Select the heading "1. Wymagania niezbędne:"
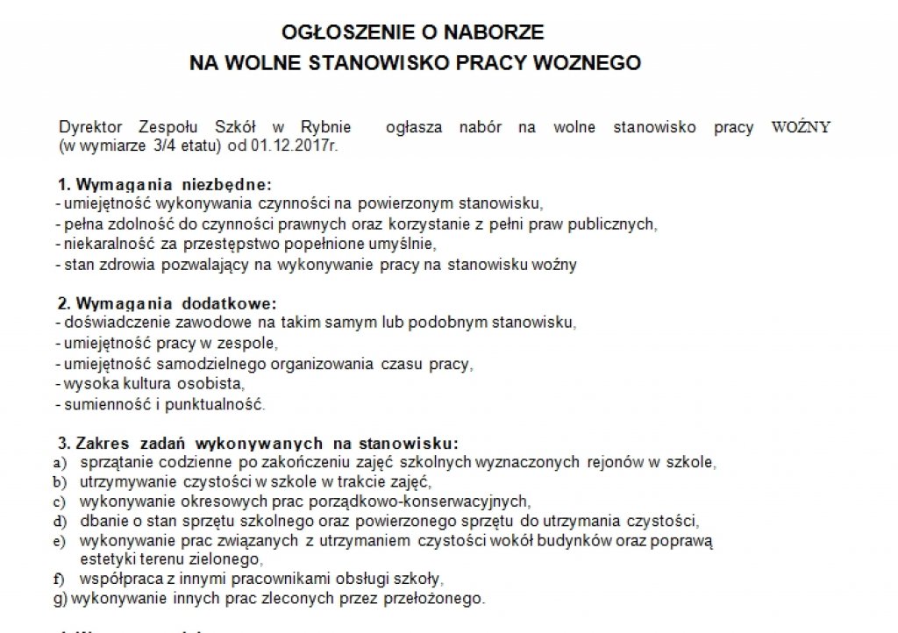(165, 185)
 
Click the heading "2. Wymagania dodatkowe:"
(167, 304)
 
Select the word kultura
(131, 384)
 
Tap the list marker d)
(61, 521)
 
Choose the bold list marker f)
(61, 580)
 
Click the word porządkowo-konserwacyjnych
(431, 501)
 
